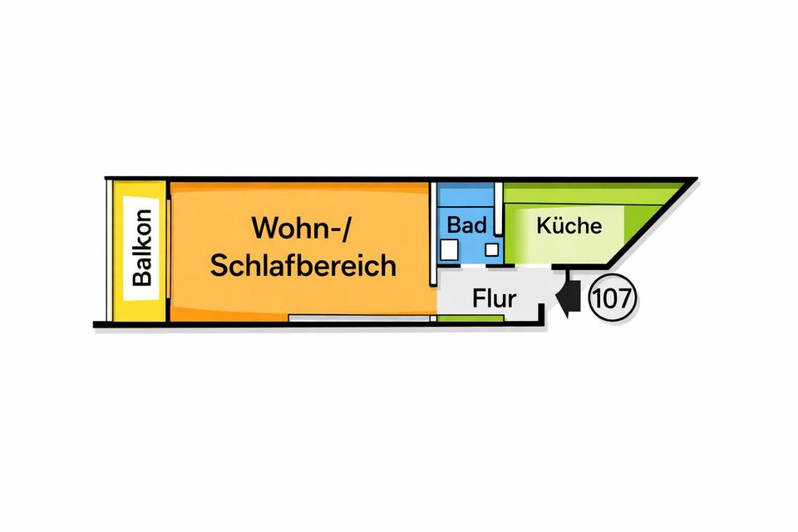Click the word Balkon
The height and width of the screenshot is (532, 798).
click(x=142, y=247)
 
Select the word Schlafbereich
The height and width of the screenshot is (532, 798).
click(x=303, y=266)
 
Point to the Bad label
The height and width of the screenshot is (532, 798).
click(x=466, y=224)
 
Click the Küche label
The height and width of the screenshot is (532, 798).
click(x=569, y=225)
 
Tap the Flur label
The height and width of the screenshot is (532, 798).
click(x=495, y=298)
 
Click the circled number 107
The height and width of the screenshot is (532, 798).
click(x=613, y=298)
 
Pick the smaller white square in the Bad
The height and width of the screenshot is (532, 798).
click(x=491, y=249)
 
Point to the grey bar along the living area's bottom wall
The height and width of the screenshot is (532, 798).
click(x=362, y=318)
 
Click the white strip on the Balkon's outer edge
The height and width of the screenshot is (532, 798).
click(x=109, y=249)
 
